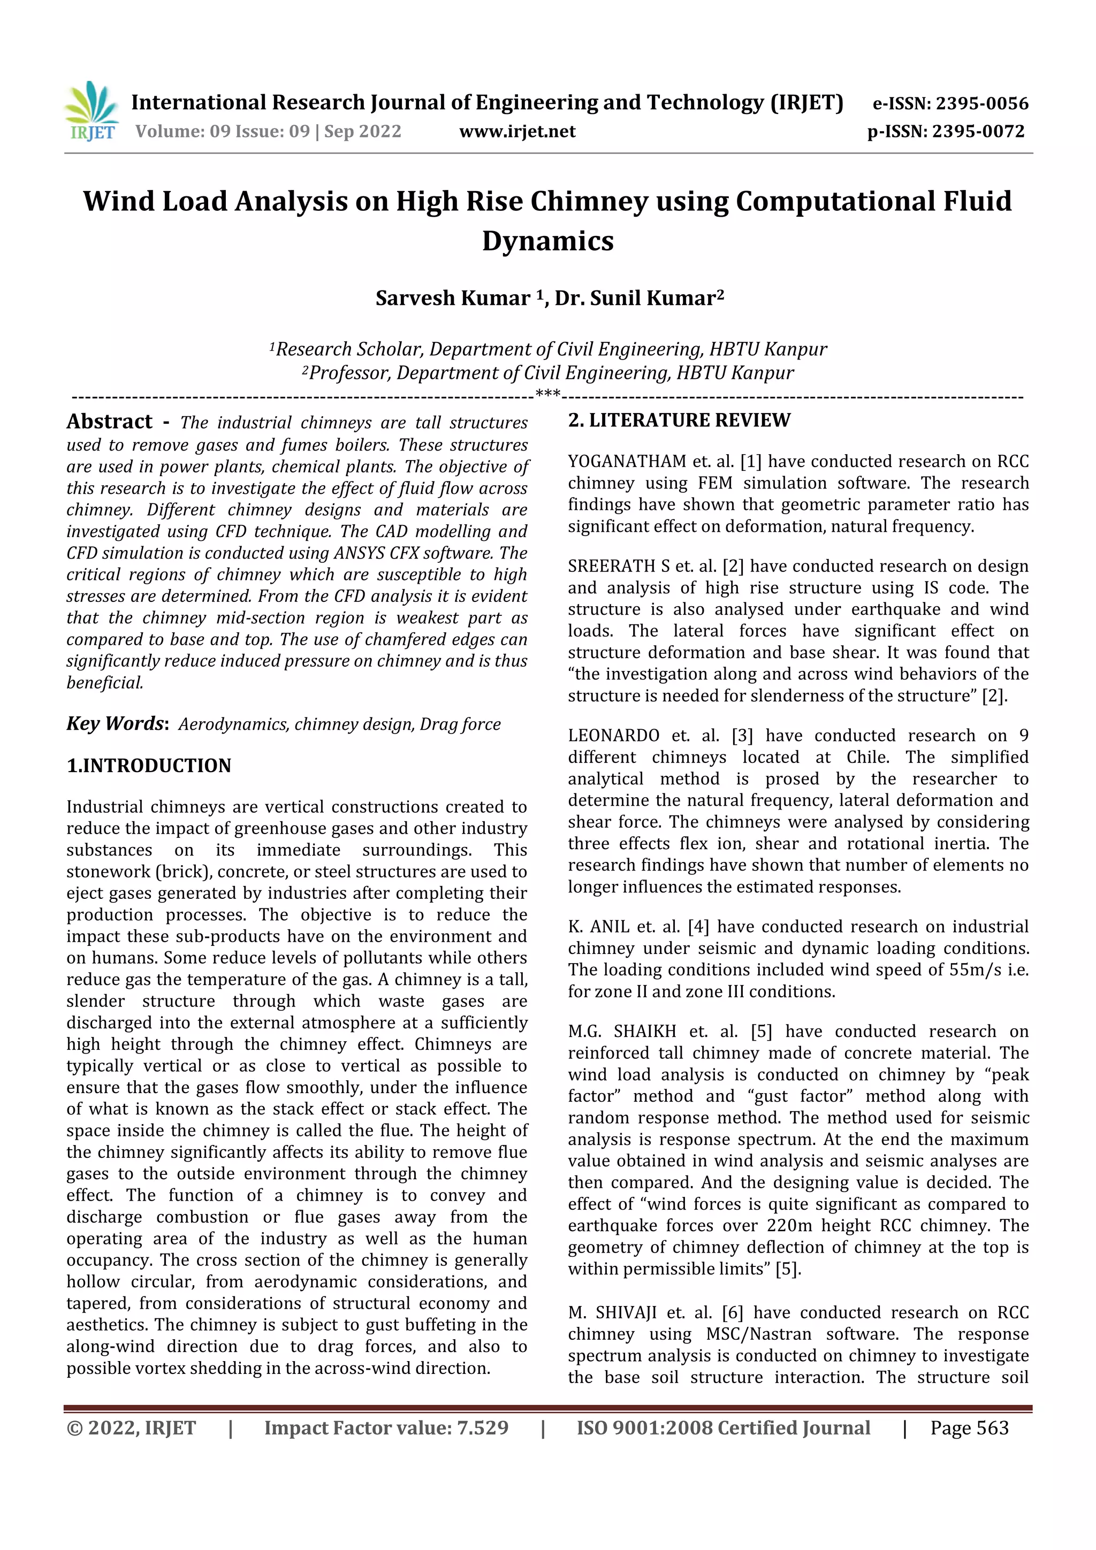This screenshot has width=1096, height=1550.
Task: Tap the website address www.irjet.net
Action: point(517,131)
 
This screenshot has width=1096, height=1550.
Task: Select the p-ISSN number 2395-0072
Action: point(978,131)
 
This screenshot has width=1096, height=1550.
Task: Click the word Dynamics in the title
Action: point(547,241)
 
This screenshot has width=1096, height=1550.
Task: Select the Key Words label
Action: point(116,724)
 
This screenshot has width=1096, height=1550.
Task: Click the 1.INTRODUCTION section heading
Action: point(149,766)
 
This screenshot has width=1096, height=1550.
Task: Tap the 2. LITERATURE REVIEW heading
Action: point(679,420)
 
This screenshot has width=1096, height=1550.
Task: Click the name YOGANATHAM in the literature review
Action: point(627,462)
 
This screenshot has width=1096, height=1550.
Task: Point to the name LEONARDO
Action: point(613,736)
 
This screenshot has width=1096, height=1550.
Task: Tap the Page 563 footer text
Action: point(969,1428)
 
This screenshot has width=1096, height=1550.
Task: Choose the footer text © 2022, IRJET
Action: point(131,1428)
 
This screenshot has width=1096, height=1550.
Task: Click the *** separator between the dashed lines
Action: point(547,394)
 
